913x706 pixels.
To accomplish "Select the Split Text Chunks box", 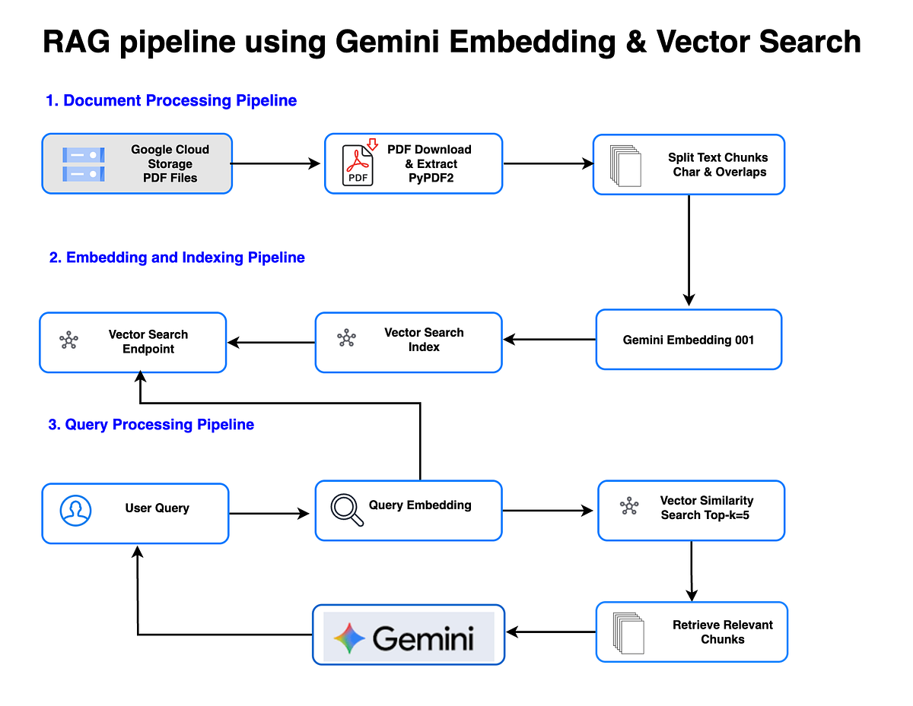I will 689,165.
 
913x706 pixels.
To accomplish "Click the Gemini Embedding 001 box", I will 689,340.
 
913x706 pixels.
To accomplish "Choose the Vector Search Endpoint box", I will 133,342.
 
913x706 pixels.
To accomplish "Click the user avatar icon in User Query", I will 75,511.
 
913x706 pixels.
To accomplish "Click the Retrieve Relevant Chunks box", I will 691,632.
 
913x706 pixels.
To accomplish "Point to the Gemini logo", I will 409,636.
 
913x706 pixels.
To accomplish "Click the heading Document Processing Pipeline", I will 171,100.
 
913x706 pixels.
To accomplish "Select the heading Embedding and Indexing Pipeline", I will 177,258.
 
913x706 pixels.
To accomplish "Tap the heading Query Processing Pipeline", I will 151,425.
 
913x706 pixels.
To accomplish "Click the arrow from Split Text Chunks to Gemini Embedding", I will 689,251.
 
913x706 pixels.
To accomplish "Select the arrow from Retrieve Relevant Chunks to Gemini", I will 551,632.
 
